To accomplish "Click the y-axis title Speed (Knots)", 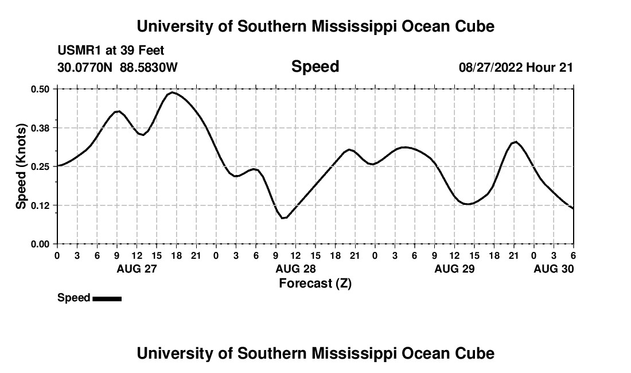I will (x=21, y=166).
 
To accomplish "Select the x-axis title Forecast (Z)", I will (x=315, y=283).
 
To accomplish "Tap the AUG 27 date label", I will (x=137, y=269).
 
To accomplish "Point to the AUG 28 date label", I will (x=295, y=269).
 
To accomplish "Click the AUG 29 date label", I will (x=454, y=269).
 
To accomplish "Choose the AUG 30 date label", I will (x=554, y=269).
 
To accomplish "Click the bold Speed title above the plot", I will (x=315, y=67).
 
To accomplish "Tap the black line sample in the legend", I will (x=107, y=298).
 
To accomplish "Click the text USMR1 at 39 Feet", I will (x=111, y=51).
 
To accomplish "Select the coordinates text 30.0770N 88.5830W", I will (x=118, y=68).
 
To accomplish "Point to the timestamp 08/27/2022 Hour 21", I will (x=516, y=68).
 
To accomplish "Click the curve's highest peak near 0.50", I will (x=172, y=92).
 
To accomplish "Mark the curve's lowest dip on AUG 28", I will (x=283, y=218).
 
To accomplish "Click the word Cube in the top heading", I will (x=473, y=26).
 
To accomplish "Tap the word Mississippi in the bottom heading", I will (x=355, y=353).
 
